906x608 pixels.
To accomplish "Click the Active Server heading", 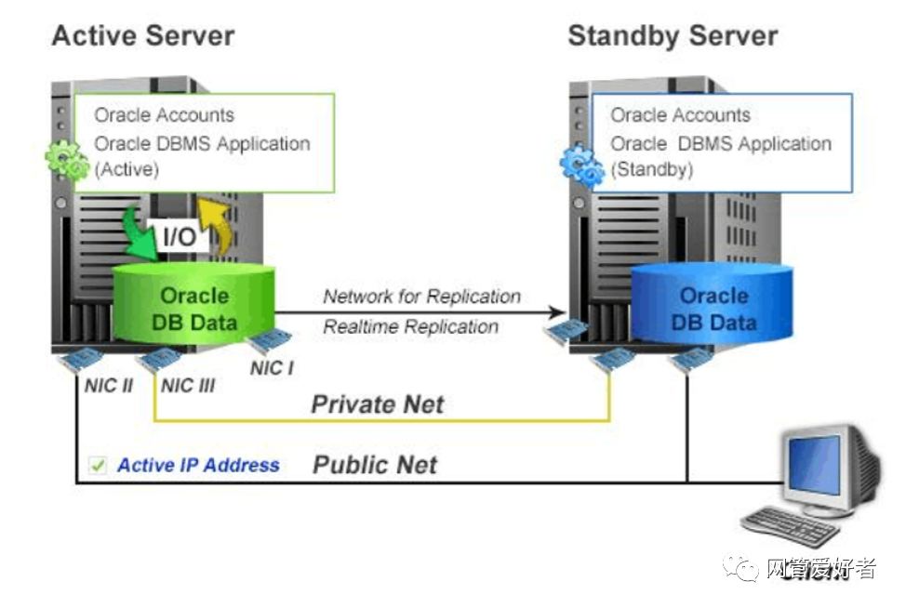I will [x=143, y=36].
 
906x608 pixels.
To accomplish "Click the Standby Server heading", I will [x=673, y=36].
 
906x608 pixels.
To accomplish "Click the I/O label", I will [x=180, y=236].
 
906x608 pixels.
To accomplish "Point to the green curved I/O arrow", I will [x=140, y=231].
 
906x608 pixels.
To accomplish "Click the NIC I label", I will [x=272, y=368].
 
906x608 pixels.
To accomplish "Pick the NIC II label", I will [x=108, y=385].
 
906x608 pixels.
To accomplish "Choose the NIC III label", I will [x=188, y=385].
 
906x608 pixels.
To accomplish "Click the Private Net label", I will [x=377, y=404].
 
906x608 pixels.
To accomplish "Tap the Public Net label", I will [x=374, y=465].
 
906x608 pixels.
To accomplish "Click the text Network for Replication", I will [x=421, y=297].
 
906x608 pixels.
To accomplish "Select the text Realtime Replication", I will [x=410, y=326].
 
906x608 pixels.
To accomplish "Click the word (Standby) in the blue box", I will [x=652, y=170].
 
